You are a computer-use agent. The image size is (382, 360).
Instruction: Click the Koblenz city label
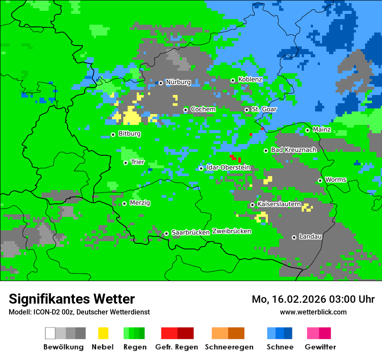click(x=250, y=80)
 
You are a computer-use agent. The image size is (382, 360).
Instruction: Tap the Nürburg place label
click(x=178, y=82)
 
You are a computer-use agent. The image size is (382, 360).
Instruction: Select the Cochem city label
click(x=203, y=109)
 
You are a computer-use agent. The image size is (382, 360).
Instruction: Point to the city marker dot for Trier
click(x=125, y=163)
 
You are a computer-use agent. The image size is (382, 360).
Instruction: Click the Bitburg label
click(x=129, y=134)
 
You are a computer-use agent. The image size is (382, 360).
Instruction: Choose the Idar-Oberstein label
click(x=228, y=167)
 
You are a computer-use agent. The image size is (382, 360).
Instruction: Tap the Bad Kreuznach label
click(x=293, y=150)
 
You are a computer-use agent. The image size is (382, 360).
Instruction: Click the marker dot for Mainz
click(x=307, y=130)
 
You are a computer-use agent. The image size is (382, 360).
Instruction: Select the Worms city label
click(x=336, y=180)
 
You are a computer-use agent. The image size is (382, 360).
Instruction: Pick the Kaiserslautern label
click(x=279, y=204)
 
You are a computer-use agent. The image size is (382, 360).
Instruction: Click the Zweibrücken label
click(x=231, y=231)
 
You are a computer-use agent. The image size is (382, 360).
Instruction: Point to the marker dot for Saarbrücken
click(x=166, y=233)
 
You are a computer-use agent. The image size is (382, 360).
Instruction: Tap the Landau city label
click(x=310, y=237)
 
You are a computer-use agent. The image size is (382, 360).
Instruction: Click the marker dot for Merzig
click(x=124, y=203)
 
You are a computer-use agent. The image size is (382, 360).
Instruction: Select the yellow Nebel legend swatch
click(x=103, y=333)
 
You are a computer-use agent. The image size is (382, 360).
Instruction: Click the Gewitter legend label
click(x=320, y=347)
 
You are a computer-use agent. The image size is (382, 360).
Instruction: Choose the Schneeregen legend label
click(x=229, y=347)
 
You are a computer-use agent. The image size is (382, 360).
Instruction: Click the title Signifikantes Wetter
click(x=72, y=299)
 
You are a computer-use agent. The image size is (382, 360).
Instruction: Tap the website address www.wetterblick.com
click(x=313, y=312)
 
